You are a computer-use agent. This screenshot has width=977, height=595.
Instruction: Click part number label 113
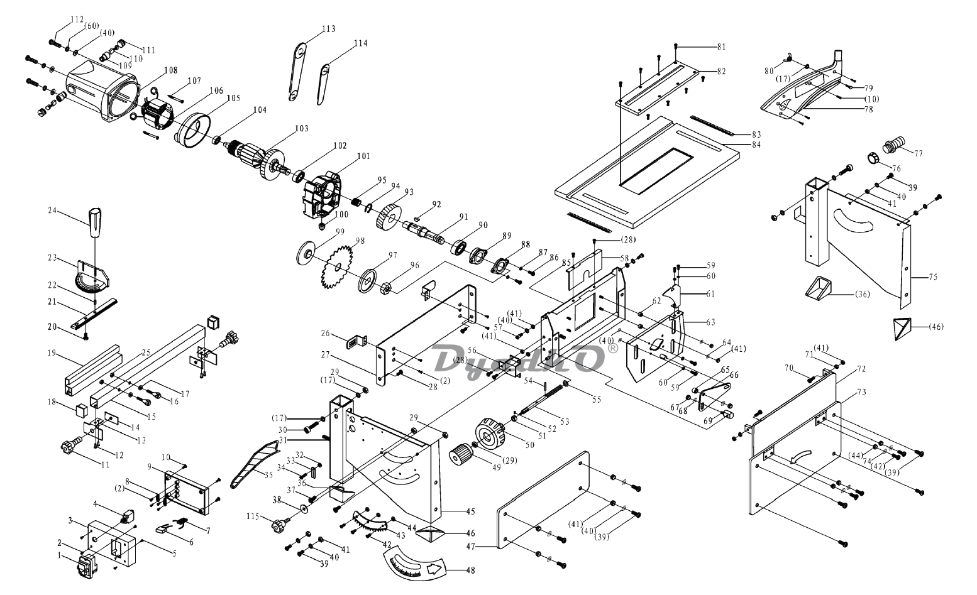coord(328,29)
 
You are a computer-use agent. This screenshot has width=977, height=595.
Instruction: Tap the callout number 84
coord(756,144)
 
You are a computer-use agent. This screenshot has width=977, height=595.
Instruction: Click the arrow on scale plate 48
coord(434,570)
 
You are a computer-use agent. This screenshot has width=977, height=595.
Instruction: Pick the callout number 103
coord(301,128)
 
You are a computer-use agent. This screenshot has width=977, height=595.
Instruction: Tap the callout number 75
coord(932,276)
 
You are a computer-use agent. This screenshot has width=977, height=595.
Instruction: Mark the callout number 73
coord(861,392)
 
